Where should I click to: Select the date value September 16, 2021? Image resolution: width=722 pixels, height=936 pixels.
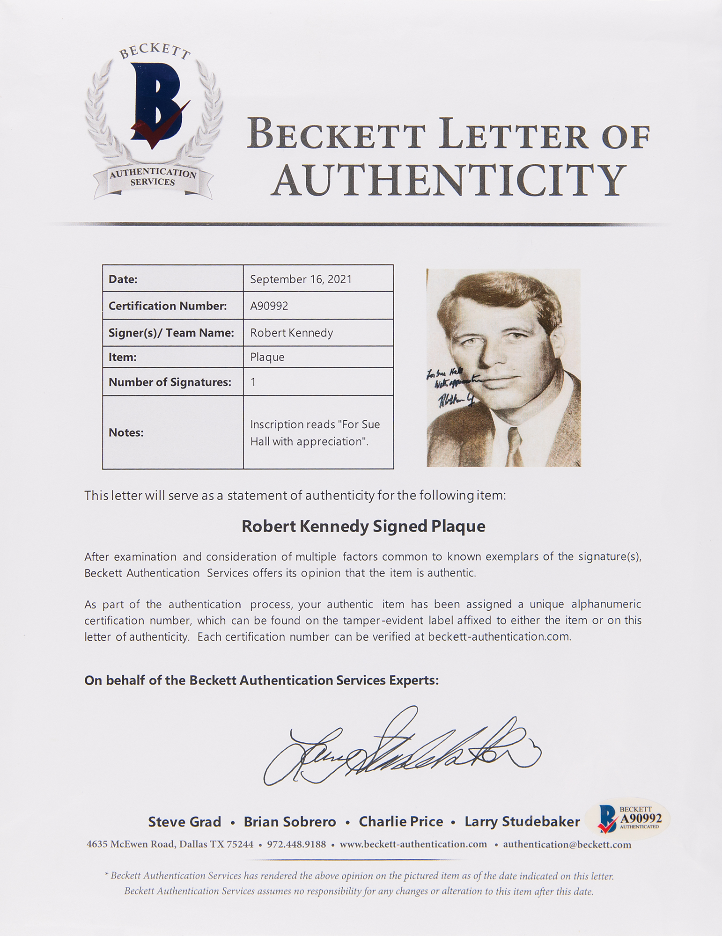pos(301,279)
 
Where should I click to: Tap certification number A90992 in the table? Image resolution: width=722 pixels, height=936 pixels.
pos(269,306)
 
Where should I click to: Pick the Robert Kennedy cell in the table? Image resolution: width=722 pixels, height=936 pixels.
pos(291,333)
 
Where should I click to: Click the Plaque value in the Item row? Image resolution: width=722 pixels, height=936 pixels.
pos(267,357)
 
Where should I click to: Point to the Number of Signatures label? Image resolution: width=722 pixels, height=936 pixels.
pos(170,382)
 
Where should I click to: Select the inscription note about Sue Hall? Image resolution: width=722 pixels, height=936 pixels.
pos(315,433)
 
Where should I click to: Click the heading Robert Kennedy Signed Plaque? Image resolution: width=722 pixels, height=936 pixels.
pos(363,526)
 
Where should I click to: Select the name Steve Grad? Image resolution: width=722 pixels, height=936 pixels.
pos(184,822)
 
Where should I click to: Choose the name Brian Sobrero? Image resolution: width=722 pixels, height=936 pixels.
pos(290,822)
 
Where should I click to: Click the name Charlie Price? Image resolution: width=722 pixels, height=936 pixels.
pos(401,822)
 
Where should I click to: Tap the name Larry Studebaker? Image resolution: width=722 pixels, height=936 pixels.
pos(522,822)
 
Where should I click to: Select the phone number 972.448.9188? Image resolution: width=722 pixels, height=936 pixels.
pos(296,845)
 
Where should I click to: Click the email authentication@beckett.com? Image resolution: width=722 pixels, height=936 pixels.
pos(567,845)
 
